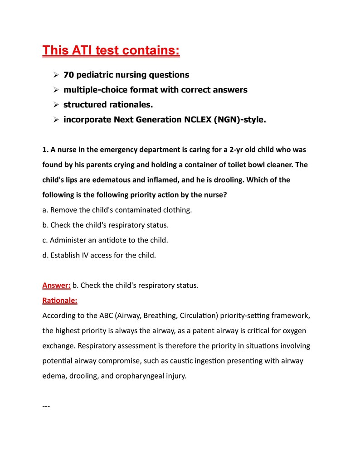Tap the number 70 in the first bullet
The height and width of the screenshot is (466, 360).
click(x=68, y=75)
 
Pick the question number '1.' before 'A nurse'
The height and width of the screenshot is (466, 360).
click(x=45, y=150)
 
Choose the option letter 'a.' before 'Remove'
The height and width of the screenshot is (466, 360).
click(x=45, y=210)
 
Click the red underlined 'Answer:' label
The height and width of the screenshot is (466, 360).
click(x=56, y=286)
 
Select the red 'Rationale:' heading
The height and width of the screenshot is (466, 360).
click(x=60, y=301)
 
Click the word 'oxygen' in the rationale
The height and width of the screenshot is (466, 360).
click(x=299, y=331)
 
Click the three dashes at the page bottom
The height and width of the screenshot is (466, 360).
click(x=46, y=406)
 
